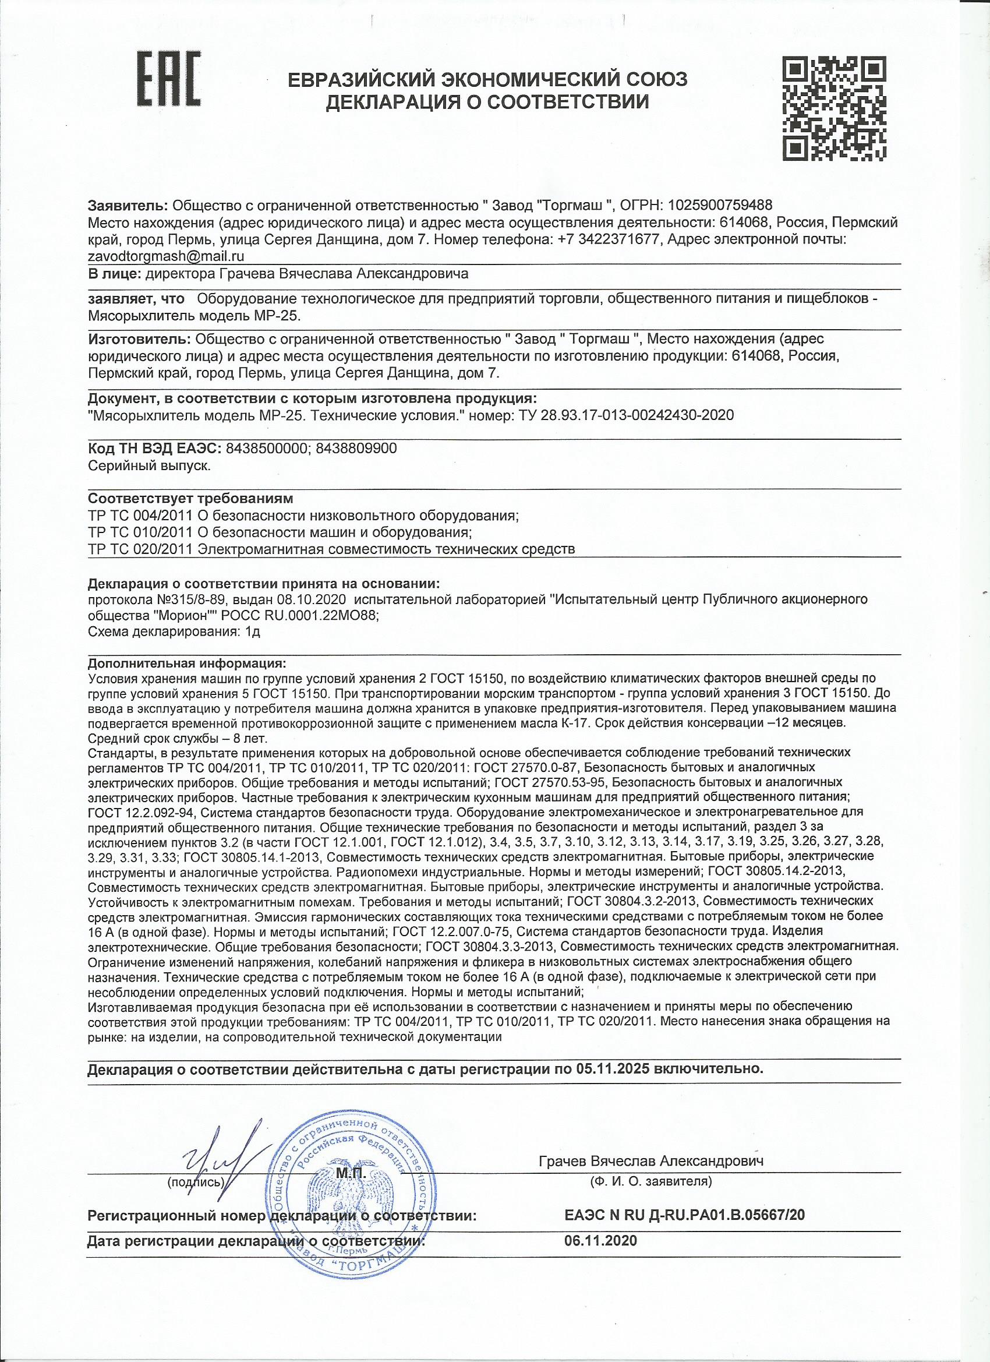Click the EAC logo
(x=170, y=88)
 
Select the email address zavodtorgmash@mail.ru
(x=166, y=255)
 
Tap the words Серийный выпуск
(x=149, y=465)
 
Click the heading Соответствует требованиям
(x=191, y=499)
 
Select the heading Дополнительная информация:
(x=188, y=664)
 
